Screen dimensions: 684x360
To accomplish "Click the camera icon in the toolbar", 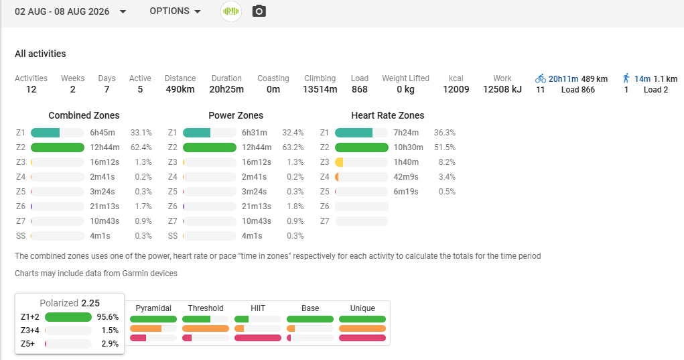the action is tap(259, 11).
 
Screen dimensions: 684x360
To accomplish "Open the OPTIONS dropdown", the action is tap(175, 11).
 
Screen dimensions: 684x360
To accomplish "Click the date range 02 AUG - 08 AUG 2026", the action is tap(62, 11).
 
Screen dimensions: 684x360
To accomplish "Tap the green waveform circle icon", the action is tap(230, 11).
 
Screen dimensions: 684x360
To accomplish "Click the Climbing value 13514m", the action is tap(320, 89).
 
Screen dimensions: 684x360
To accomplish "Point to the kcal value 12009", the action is tap(456, 89).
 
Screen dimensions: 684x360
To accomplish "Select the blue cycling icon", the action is tap(541, 78).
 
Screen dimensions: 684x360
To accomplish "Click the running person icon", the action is tap(626, 78).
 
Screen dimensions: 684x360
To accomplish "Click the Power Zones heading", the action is tap(236, 115).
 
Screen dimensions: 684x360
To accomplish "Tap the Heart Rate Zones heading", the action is tap(388, 115).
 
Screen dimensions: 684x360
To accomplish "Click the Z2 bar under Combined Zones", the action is tap(58, 147).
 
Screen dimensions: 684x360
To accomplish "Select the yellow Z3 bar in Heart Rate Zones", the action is tap(339, 162).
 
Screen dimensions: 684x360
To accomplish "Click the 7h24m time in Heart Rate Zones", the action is tap(406, 133).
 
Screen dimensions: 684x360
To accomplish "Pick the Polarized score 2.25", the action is tap(90, 303).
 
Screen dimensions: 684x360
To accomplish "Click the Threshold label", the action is tap(206, 308).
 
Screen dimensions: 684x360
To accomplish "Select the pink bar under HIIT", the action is tap(258, 338).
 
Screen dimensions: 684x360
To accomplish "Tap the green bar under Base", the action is tap(310, 319).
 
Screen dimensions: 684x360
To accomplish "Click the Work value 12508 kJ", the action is tap(502, 89).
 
